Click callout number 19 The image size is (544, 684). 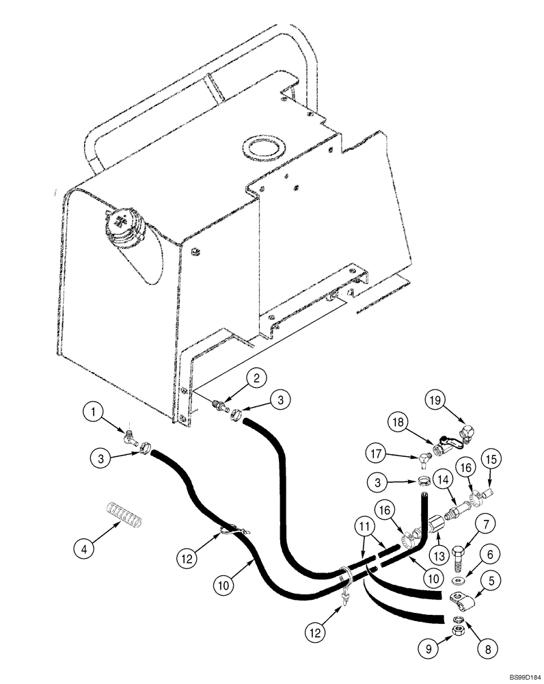point(435,399)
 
